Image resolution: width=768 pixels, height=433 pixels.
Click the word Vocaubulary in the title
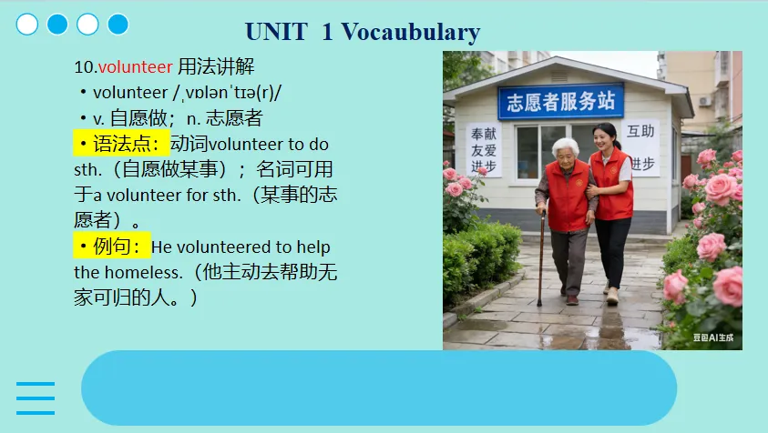411,32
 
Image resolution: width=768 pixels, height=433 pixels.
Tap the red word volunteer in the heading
136,66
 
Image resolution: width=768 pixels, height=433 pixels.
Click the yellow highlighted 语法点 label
121,144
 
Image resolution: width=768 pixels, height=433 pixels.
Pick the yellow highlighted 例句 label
112,246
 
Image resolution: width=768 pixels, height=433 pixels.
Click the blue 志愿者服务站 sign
561,101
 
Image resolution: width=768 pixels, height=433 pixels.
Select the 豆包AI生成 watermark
713,337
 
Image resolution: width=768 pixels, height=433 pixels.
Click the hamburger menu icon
36,398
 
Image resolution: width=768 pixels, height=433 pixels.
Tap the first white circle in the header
27,25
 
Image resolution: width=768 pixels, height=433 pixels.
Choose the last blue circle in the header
118,25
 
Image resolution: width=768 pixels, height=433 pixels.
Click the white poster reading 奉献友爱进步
484,149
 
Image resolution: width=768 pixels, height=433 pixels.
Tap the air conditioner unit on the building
705,101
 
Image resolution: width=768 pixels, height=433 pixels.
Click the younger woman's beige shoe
612,296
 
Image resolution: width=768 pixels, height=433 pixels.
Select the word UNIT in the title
276,32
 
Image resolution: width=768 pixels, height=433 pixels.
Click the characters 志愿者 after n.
234,118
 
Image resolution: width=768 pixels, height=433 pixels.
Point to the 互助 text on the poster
640,131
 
